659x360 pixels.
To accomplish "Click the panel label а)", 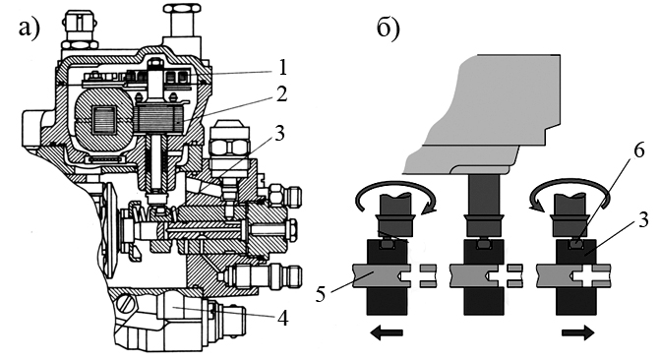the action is point(29,29).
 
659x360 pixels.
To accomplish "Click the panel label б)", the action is point(388,29).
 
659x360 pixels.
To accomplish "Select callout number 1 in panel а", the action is point(283,67).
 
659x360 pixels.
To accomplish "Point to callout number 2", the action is point(281,93).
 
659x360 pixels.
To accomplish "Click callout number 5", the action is point(321,294).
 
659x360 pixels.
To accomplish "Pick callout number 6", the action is point(638,150).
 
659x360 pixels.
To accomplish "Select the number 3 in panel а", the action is point(279,133).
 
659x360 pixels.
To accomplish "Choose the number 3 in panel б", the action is point(643,219).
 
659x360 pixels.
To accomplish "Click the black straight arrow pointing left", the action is point(387,332).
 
